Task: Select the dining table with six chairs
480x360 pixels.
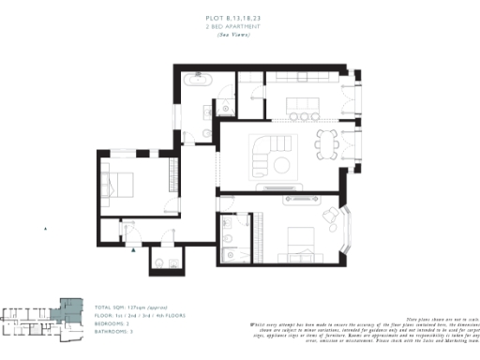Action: pos(328,142)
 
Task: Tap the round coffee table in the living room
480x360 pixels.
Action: pos(280,166)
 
